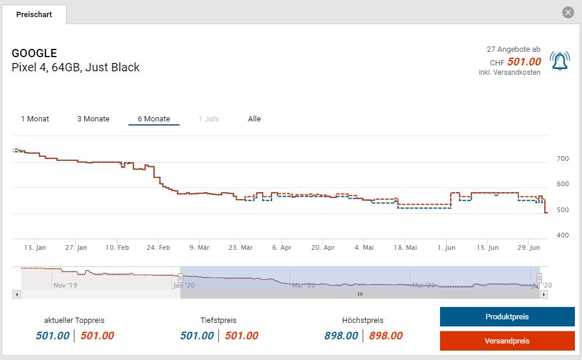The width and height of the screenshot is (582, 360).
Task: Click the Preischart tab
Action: coord(34,14)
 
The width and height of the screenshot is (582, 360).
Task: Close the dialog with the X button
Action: coord(568,12)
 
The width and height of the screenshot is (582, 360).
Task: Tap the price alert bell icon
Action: coord(560,61)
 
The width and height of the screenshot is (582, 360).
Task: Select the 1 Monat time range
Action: coord(35,119)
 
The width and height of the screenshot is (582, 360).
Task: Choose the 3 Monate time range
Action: coord(93,119)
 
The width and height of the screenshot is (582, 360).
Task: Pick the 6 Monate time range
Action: coord(154,119)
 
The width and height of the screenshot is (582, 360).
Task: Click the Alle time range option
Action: coord(254,119)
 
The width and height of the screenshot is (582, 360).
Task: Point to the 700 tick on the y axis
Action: coord(563,159)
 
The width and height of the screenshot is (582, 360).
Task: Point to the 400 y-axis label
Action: coord(563,236)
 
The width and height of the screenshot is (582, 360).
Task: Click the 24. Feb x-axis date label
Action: coord(158,248)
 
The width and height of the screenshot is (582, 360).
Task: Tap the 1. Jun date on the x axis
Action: coord(447,248)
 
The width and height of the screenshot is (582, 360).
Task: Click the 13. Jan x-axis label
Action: coord(35,248)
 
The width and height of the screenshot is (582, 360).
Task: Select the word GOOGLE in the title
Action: coord(34,54)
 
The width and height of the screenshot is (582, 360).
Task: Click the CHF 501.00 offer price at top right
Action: coord(523,62)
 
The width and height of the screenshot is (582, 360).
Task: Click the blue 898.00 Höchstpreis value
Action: coord(341,336)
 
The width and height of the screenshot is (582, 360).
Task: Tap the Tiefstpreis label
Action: coord(219,321)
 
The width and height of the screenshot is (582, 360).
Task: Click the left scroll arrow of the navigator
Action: coord(16,294)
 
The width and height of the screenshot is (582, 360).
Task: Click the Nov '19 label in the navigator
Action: coord(65,285)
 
